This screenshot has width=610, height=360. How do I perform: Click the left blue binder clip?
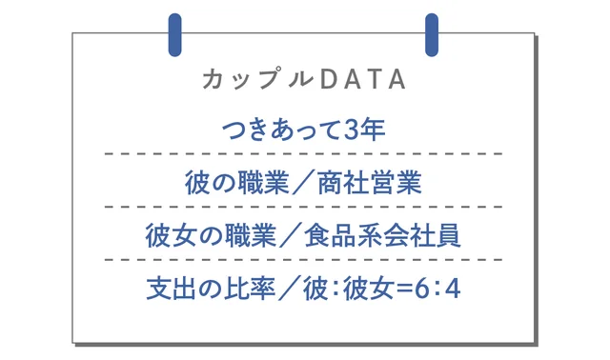(174, 35)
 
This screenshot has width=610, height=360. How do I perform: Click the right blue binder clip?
(432, 35)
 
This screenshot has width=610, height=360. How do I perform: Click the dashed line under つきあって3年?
(304, 153)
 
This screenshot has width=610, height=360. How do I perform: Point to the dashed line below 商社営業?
(304, 206)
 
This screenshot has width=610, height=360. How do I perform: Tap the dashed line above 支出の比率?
(304, 258)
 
